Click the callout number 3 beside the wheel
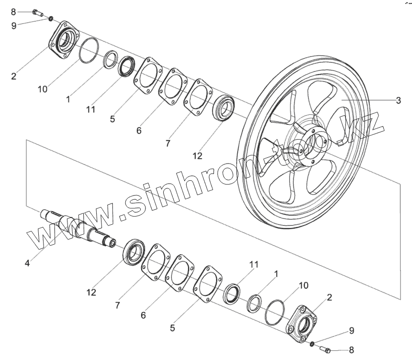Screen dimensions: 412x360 coord(398,100)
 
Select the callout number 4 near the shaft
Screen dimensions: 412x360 coord(27,262)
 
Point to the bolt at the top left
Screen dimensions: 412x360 coord(37,13)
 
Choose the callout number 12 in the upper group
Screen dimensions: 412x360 coord(197,156)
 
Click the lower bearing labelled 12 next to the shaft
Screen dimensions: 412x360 coord(134,251)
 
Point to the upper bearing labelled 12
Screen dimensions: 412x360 coord(223,109)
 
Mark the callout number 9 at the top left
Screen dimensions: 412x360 coord(13,26)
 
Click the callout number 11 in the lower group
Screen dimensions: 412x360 coord(253,264)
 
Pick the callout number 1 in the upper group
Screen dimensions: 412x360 coord(68,100)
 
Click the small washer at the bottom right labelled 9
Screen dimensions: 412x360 coord(312,344)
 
